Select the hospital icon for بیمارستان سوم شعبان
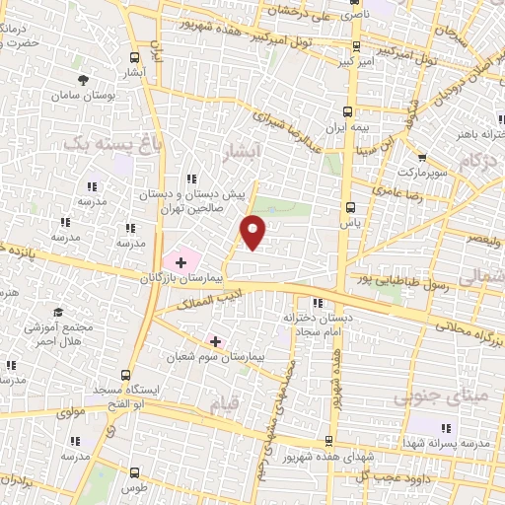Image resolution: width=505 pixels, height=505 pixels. [216, 340]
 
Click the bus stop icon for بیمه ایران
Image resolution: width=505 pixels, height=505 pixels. [347, 110]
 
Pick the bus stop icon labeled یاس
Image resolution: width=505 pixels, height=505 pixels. [350, 207]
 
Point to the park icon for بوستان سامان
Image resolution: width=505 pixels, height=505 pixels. [85, 77]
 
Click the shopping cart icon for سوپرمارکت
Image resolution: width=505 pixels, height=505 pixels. [422, 157]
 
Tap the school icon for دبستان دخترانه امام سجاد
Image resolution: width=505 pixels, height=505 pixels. [317, 303]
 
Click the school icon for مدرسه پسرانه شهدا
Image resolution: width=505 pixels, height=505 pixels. [446, 427]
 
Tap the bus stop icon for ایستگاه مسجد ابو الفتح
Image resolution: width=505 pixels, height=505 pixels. [124, 374]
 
